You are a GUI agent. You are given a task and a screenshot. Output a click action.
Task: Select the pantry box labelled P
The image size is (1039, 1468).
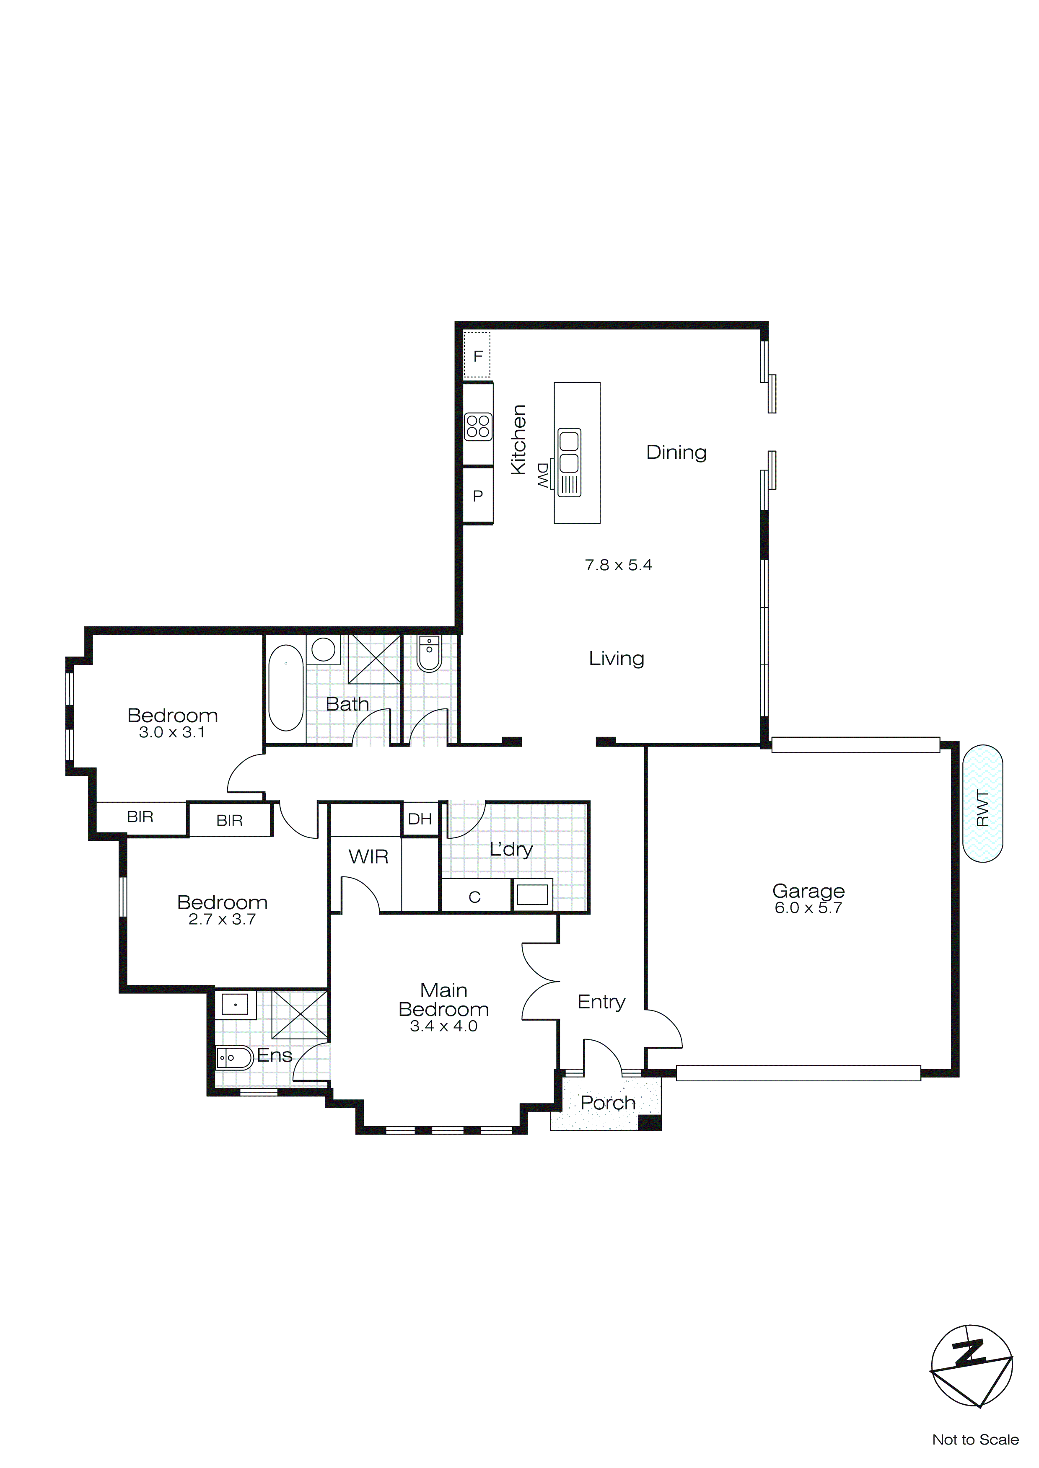point(478,496)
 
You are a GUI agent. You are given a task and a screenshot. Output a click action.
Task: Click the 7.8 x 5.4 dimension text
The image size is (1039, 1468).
point(618,565)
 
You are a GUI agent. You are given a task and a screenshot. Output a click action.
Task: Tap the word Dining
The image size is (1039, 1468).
point(676,452)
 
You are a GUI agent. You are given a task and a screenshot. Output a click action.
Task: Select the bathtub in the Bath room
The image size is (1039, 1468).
point(285,688)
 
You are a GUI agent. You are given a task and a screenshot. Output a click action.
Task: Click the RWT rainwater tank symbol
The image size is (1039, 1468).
point(982,803)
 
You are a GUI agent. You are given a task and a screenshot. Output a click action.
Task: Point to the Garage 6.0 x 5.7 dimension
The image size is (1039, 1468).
point(808,908)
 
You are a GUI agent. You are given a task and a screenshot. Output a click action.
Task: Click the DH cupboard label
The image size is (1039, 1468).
point(420,819)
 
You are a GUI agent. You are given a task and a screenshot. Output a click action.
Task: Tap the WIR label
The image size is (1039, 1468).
point(368,857)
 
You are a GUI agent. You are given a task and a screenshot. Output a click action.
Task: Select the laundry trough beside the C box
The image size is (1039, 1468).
point(532,894)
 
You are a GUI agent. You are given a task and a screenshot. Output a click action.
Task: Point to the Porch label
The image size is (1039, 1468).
point(608,1103)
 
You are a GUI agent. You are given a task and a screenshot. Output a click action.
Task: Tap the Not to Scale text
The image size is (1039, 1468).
point(975,1439)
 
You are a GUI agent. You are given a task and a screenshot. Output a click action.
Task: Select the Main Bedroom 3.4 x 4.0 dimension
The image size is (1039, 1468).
point(443,1026)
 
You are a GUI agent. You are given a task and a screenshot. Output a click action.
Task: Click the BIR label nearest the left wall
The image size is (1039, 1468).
point(140,817)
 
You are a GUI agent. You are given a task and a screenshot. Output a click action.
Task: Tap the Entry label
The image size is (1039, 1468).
point(601,1002)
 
